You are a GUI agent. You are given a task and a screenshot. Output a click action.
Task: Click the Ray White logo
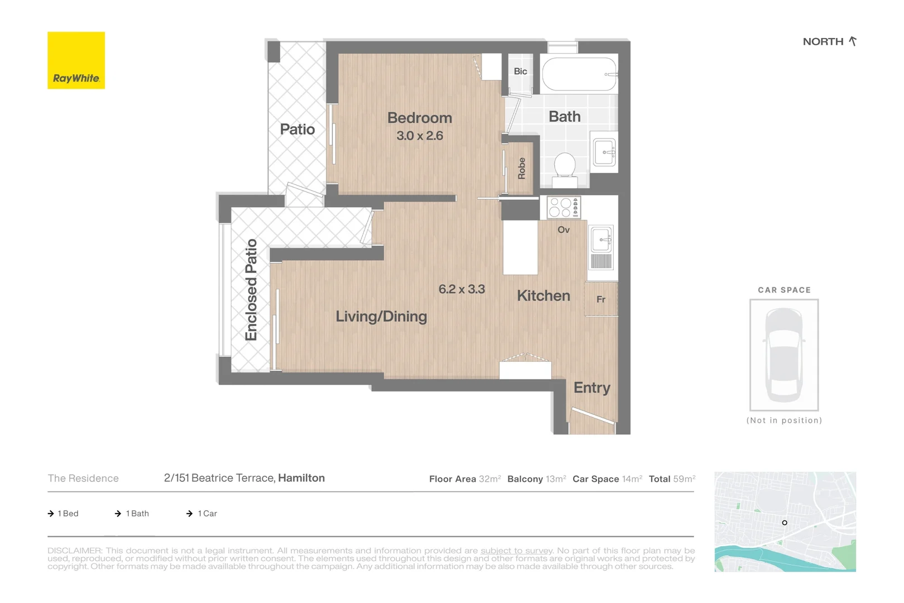click(x=76, y=60)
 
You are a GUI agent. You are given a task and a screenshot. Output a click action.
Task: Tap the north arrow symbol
click(x=852, y=41)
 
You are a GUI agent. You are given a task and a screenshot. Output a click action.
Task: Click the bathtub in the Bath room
click(x=580, y=74)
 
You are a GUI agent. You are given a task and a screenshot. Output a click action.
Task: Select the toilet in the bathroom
click(x=565, y=169)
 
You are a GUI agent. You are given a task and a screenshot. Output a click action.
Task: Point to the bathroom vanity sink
click(x=604, y=152)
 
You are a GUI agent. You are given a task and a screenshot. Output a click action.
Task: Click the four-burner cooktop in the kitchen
click(x=564, y=208)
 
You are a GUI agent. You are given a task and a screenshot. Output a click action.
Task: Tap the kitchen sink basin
click(x=601, y=240)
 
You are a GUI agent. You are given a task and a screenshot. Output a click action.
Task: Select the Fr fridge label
click(x=601, y=299)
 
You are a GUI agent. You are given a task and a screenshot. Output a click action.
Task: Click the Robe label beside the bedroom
click(x=521, y=169)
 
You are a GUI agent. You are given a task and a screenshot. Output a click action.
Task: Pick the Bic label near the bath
click(x=520, y=71)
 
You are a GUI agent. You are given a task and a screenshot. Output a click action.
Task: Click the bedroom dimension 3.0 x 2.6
click(x=420, y=136)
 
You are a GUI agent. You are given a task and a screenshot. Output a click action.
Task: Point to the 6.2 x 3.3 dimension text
click(x=461, y=289)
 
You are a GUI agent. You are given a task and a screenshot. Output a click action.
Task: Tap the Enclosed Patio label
click(x=251, y=290)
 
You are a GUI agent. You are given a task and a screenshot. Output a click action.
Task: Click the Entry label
click(x=592, y=387)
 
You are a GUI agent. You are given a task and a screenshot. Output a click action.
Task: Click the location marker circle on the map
click(x=785, y=523)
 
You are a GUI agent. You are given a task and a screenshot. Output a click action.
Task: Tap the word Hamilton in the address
click(x=301, y=478)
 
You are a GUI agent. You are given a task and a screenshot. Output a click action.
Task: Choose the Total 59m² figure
click(x=672, y=478)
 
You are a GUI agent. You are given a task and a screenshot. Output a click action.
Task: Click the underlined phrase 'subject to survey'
click(x=516, y=551)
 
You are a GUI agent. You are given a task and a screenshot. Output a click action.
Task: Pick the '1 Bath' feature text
click(x=137, y=513)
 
